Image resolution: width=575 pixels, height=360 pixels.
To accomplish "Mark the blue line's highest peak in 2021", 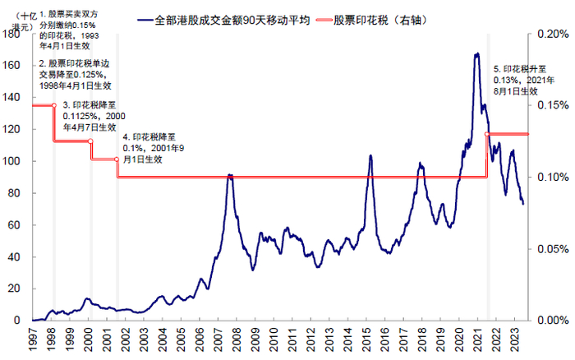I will pos(476,54).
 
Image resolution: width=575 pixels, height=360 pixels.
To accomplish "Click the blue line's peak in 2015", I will pos(370,155).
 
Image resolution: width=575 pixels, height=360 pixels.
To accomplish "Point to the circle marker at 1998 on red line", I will pos(54,105).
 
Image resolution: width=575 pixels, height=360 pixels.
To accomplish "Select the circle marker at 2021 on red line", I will pos(488,134).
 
